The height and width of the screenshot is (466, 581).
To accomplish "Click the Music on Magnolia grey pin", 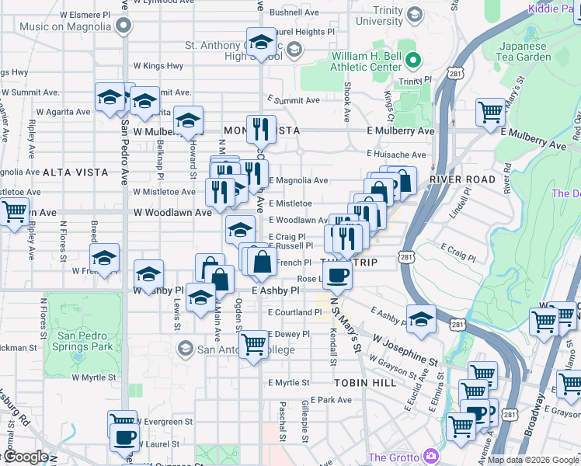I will (124, 26).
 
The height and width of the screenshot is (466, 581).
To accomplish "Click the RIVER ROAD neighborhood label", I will (461, 179).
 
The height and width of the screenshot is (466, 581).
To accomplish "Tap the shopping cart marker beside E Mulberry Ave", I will (490, 112).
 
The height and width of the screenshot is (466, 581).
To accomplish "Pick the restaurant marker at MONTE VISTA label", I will (261, 128).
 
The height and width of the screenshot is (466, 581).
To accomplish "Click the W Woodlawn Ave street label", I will (172, 212).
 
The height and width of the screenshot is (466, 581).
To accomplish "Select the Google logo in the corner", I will (26, 457).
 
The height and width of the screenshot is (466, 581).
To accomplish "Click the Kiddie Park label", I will (554, 8).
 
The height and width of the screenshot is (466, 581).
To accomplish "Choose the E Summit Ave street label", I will (293, 101).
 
